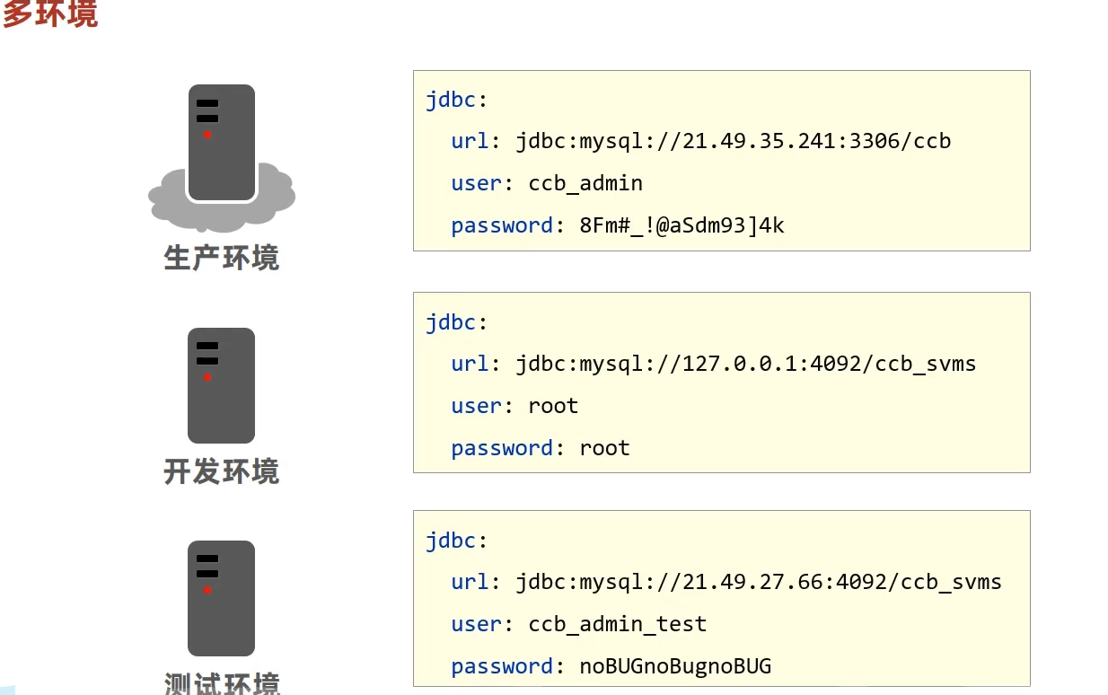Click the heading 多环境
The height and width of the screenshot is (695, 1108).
click(x=50, y=14)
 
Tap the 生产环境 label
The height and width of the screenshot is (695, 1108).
click(x=221, y=258)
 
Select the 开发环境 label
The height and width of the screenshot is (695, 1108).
click(x=221, y=471)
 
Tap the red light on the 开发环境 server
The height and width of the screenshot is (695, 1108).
click(x=207, y=378)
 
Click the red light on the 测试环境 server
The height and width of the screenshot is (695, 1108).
click(x=207, y=590)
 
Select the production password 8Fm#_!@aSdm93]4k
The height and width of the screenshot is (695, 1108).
click(x=682, y=225)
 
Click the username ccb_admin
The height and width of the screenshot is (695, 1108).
click(x=585, y=183)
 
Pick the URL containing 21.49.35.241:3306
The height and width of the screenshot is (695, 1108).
click(x=733, y=141)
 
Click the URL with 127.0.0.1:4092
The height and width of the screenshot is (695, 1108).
click(x=745, y=364)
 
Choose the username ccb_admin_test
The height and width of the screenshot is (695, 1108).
click(x=617, y=624)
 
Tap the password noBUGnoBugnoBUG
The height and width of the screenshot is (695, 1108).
click(x=675, y=666)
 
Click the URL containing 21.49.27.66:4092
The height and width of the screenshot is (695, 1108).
click(x=758, y=582)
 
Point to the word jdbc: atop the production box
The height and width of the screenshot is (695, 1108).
click(x=456, y=99)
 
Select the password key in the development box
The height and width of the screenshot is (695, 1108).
click(x=502, y=448)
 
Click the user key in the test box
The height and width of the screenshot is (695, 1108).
click(x=476, y=624)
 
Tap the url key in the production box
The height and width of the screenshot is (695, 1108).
click(x=470, y=141)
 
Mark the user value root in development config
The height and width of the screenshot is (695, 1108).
click(x=553, y=406)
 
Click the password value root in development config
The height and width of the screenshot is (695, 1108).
click(x=604, y=448)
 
